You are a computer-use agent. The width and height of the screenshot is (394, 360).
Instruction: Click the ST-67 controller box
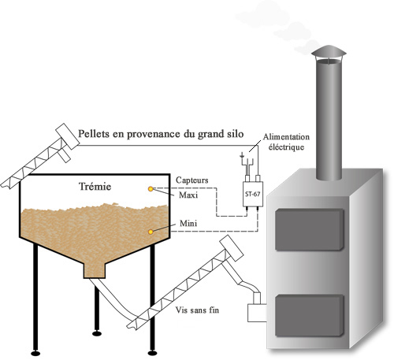[x=253, y=194]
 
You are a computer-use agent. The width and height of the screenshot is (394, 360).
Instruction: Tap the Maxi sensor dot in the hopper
[x=151, y=189]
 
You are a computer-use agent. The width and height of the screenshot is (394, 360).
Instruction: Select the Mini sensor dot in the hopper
[x=151, y=232]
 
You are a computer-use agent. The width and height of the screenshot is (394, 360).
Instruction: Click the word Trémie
[x=95, y=187]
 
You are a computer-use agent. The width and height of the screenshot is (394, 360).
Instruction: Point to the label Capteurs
[x=192, y=180]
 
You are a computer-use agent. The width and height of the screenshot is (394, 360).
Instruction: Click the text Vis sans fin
[x=197, y=310]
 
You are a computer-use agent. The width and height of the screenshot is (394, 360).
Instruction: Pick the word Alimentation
[x=286, y=137]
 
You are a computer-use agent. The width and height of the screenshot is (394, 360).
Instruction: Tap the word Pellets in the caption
[x=94, y=134]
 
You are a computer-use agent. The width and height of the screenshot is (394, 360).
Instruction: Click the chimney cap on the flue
[x=329, y=54]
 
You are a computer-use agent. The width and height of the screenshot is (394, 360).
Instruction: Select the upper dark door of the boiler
[x=310, y=229]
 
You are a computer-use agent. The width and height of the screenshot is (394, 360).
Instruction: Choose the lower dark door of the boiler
[x=310, y=315]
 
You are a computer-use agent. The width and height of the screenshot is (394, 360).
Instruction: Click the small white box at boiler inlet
[x=257, y=313]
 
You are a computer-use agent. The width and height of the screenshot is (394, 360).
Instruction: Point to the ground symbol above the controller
[x=242, y=155]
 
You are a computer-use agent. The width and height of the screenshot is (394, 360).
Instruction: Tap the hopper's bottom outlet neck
[x=95, y=270]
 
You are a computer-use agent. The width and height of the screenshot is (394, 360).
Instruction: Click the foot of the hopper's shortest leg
[x=97, y=333]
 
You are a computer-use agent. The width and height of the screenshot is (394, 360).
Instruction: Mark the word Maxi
[x=188, y=195]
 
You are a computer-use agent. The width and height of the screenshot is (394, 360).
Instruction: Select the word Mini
[x=188, y=224]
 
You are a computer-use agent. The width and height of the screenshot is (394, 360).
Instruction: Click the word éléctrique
[x=286, y=147]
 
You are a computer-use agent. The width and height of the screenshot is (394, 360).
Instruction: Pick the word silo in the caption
[x=235, y=134]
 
